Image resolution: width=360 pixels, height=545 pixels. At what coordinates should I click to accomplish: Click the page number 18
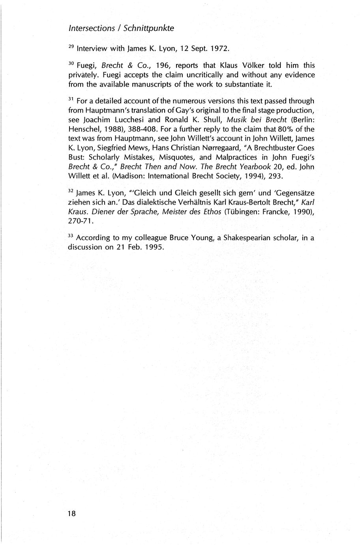tap(71, 513)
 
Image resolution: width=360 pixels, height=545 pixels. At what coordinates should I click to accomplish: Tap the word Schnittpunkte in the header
tap(149, 28)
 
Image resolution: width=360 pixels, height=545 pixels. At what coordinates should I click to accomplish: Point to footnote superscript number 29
tap(71, 47)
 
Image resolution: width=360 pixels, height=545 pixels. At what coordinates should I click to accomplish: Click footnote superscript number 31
tap(71, 99)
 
